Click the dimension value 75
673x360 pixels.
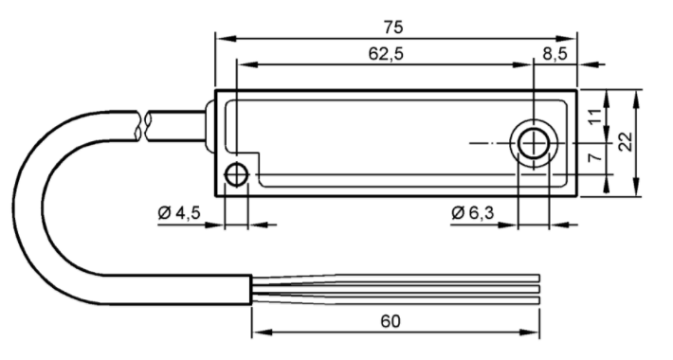click(x=393, y=27)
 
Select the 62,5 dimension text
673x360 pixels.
click(x=386, y=54)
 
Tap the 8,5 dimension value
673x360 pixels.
click(x=555, y=54)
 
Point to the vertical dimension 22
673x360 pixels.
click(x=627, y=141)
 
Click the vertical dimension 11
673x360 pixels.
click(x=595, y=117)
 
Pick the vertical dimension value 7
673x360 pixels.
click(x=595, y=158)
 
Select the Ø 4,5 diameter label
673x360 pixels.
click(x=179, y=212)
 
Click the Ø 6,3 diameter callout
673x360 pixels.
click(x=473, y=212)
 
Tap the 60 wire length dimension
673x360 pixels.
click(x=391, y=321)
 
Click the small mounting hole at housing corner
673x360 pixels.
click(x=236, y=174)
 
